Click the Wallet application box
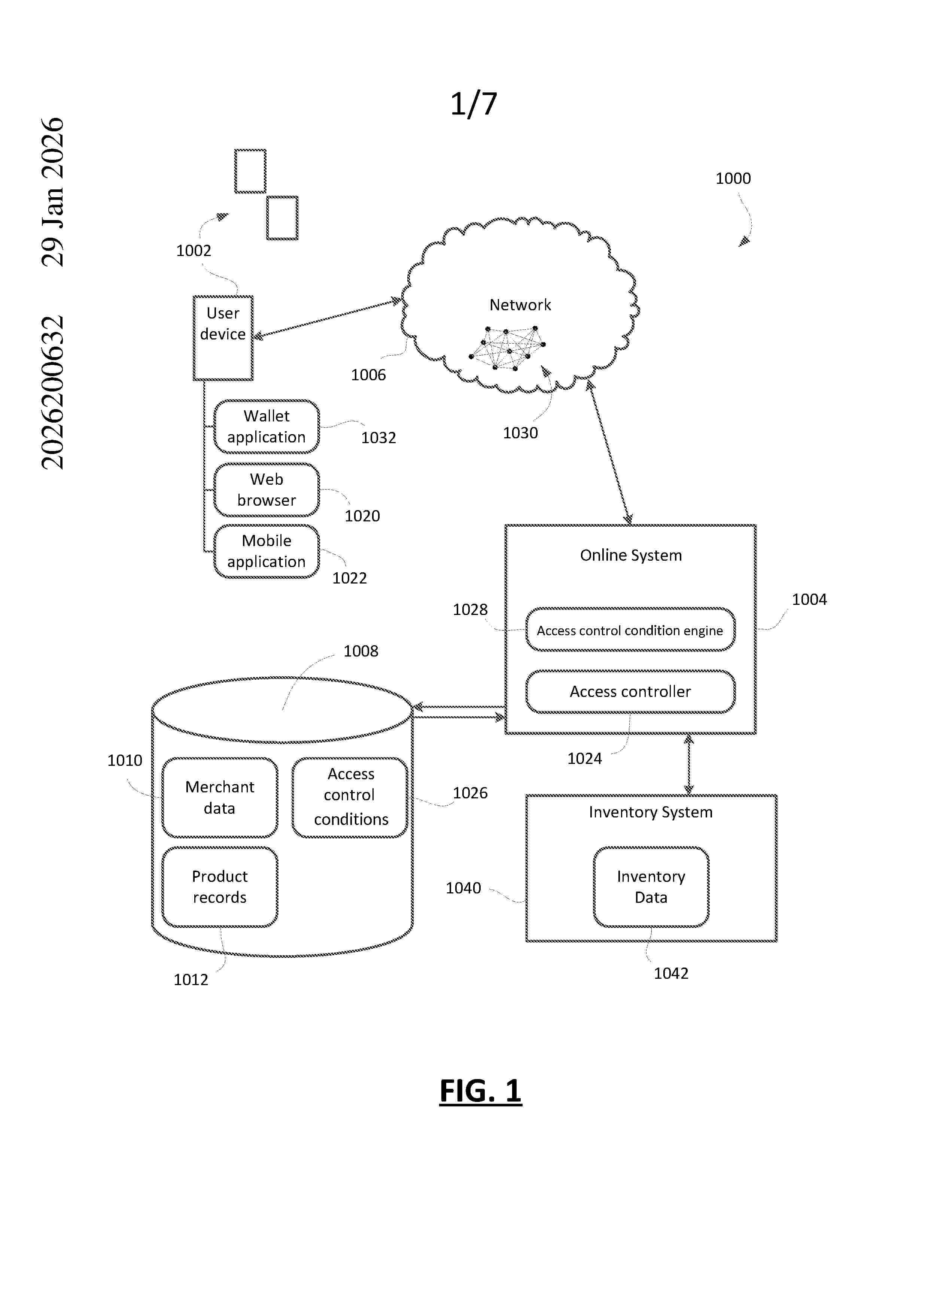(x=267, y=427)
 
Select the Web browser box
(x=267, y=490)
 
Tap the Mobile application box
(x=267, y=551)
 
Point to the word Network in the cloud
(x=520, y=305)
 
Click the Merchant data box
(x=220, y=797)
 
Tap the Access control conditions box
(x=350, y=797)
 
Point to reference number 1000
(x=733, y=179)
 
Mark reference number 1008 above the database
(x=361, y=651)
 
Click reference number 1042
(x=671, y=973)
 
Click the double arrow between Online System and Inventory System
(x=688, y=764)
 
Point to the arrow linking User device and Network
(x=327, y=318)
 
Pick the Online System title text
(x=631, y=555)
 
